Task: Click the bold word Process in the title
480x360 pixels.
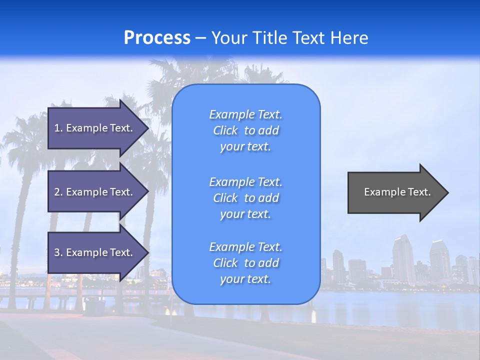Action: (x=157, y=38)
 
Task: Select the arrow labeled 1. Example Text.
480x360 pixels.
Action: (x=95, y=128)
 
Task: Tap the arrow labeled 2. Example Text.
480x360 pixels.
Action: (x=95, y=192)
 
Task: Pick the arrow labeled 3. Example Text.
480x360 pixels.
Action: (x=95, y=252)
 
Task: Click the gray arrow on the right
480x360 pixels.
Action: (x=395, y=192)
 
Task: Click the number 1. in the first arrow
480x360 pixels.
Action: (x=58, y=128)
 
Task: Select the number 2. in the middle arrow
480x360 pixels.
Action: (x=58, y=192)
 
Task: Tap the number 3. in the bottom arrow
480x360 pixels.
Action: (x=58, y=252)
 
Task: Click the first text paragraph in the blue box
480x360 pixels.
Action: (x=245, y=130)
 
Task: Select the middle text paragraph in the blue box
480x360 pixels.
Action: (x=245, y=198)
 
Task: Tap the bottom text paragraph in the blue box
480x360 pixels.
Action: (x=245, y=263)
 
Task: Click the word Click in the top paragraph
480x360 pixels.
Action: (x=225, y=131)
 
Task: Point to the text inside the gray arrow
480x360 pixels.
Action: (x=397, y=192)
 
